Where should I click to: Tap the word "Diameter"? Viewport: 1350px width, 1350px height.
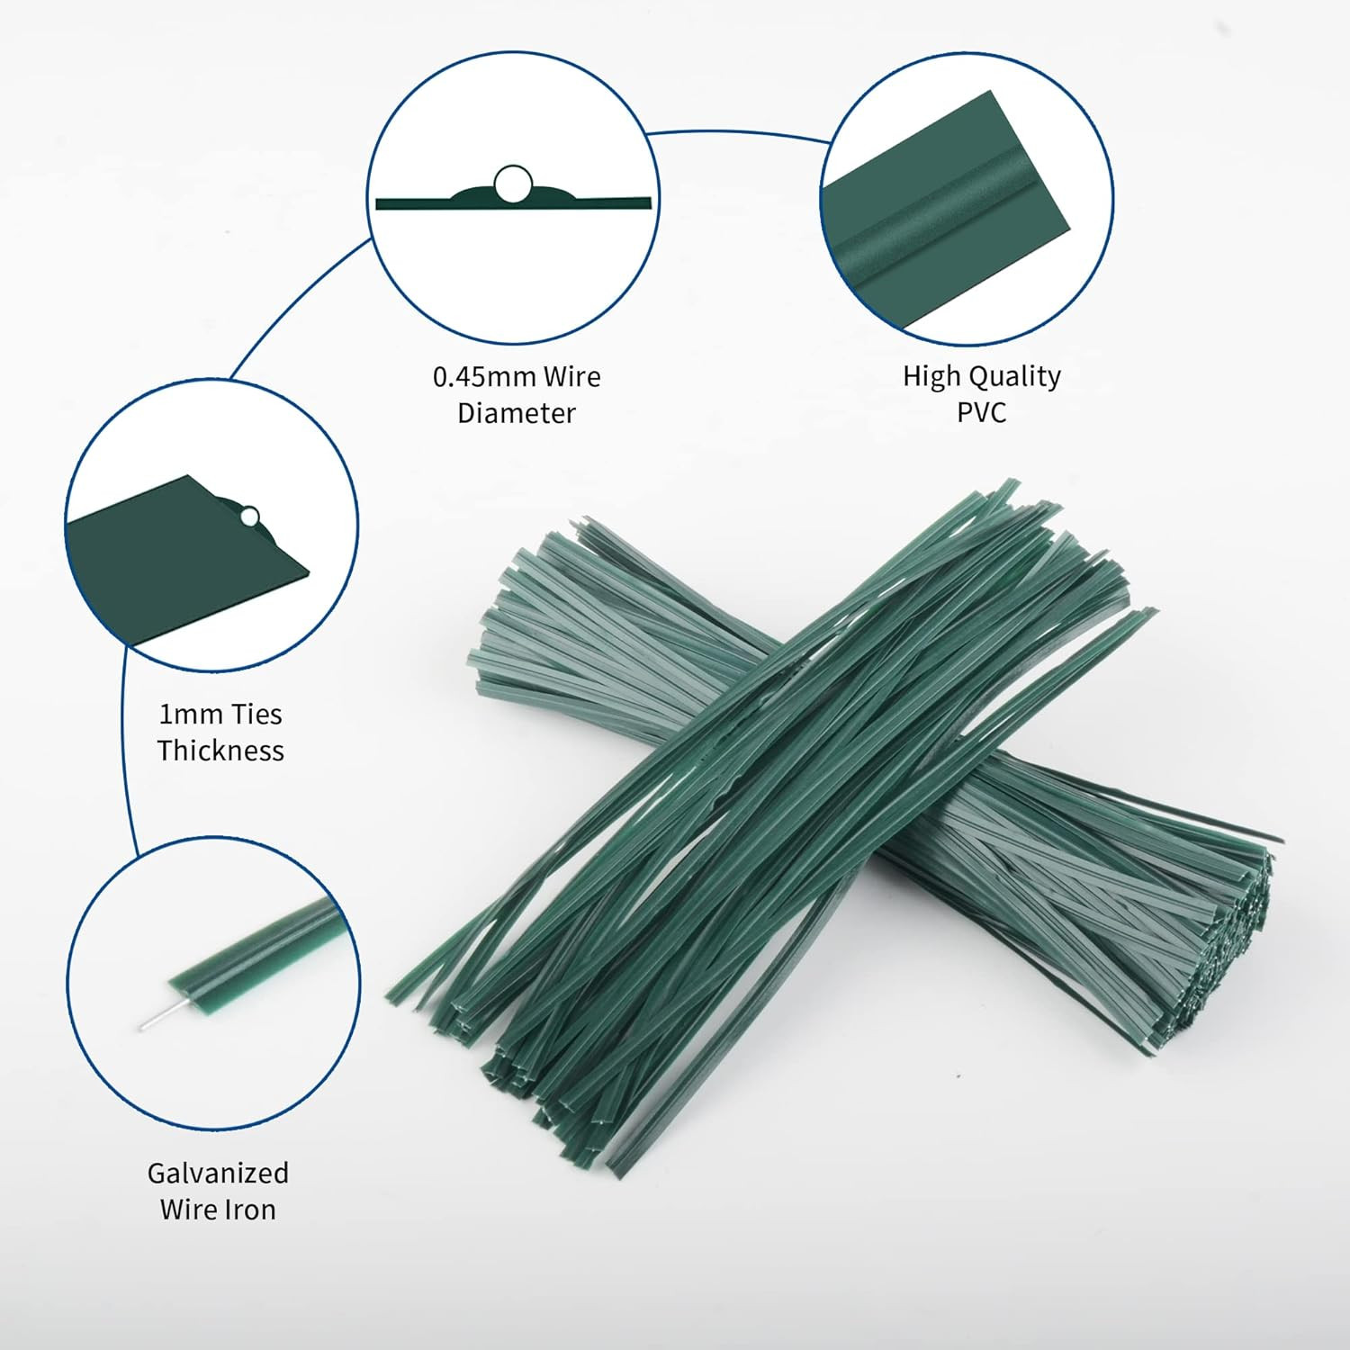pyautogui.click(x=516, y=413)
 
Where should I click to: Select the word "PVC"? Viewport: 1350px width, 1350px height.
pyautogui.click(x=981, y=413)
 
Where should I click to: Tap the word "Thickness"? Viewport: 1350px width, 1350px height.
pyautogui.click(x=220, y=751)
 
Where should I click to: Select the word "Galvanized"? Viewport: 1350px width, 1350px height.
pyautogui.click(x=218, y=1174)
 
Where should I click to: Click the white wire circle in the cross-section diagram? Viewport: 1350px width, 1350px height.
pyautogui.click(x=512, y=184)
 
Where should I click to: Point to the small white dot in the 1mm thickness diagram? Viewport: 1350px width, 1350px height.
pyautogui.click(x=249, y=517)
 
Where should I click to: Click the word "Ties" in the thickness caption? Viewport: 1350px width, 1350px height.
pyautogui.click(x=256, y=715)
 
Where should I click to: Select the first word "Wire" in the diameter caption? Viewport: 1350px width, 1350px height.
pyautogui.click(x=571, y=376)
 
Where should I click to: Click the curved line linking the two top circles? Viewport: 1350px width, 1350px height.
pyautogui.click(x=738, y=132)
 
